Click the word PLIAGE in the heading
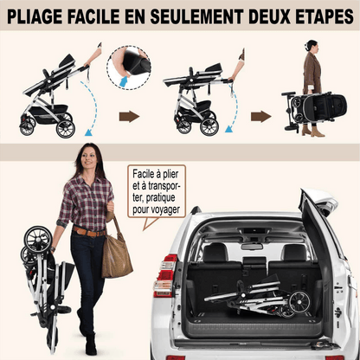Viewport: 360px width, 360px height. click(35, 16)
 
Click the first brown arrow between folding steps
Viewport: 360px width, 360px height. click(129, 117)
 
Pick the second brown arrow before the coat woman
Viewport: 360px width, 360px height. click(260, 117)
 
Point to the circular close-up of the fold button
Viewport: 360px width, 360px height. click(129, 67)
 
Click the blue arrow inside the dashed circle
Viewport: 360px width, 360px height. click(125, 81)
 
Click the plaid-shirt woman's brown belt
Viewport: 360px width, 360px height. click(89, 231)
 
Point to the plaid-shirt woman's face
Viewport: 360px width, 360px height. click(88, 157)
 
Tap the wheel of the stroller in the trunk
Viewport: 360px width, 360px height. click(299, 302)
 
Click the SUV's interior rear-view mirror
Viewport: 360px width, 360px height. click(252, 247)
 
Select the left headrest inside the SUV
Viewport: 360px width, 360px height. click(215, 252)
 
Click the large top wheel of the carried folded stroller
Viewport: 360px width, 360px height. click(38, 240)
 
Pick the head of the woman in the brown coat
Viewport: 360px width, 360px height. click(312, 47)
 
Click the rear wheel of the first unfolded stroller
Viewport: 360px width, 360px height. click(66, 129)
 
